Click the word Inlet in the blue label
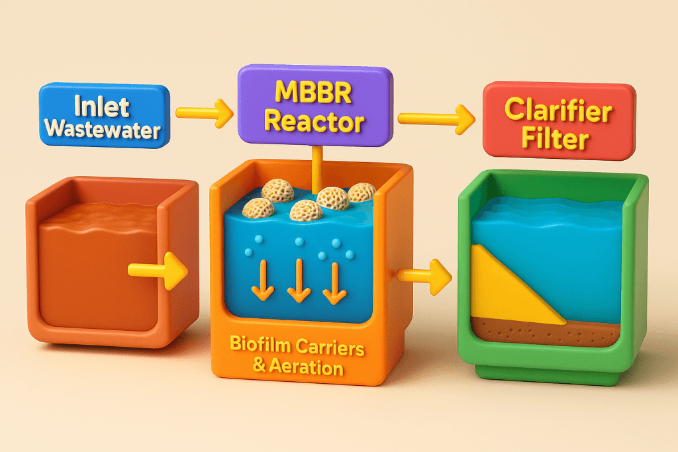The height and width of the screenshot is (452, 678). pyautogui.click(x=101, y=105)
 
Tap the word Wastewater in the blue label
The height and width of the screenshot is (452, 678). pyautogui.click(x=105, y=129)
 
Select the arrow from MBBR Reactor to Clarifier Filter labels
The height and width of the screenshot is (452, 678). pyautogui.click(x=436, y=118)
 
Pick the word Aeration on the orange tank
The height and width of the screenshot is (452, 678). pyautogui.click(x=306, y=366)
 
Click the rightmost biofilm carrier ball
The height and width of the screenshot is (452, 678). pyautogui.click(x=362, y=193)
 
